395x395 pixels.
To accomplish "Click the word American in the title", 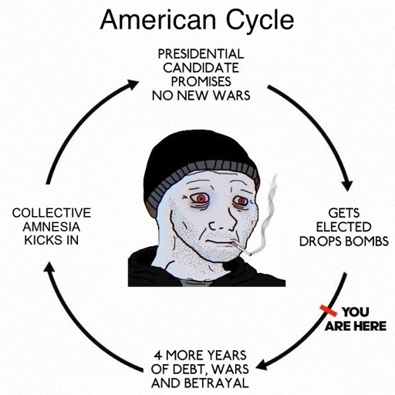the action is tap(158, 20).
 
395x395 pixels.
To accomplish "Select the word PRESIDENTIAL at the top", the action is tap(201, 54).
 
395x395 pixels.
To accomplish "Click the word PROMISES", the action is tap(201, 82).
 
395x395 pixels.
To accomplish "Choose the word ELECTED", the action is tap(343, 227).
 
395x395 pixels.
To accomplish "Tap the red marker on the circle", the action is tap(329, 310).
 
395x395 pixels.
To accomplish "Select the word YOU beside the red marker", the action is tap(356, 312).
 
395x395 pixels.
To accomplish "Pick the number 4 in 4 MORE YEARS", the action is tap(158, 356).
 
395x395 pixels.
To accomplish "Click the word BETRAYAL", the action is tap(217, 383).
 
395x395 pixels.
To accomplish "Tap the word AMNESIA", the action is tap(52, 227).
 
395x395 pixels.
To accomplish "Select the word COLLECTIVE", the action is tap(52, 213).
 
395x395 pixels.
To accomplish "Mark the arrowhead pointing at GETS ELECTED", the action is tap(347, 186).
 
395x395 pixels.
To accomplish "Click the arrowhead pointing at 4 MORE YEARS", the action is tap(263, 365).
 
